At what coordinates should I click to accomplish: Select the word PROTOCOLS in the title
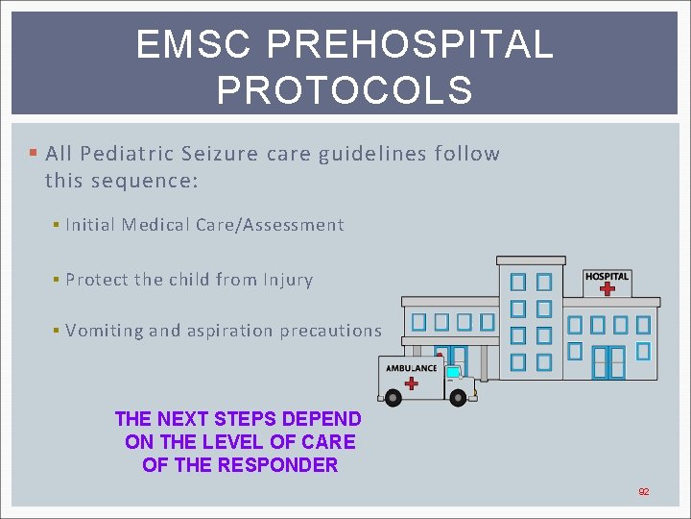click(x=345, y=90)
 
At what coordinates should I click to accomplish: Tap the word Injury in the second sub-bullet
click(x=288, y=280)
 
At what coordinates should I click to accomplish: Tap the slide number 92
click(x=644, y=492)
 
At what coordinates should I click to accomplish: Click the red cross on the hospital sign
click(x=607, y=288)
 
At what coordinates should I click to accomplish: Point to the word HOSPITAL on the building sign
click(x=607, y=276)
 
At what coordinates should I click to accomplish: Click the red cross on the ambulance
click(x=412, y=383)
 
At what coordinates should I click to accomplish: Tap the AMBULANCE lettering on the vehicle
click(x=412, y=368)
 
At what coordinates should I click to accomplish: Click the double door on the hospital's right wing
click(x=608, y=362)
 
